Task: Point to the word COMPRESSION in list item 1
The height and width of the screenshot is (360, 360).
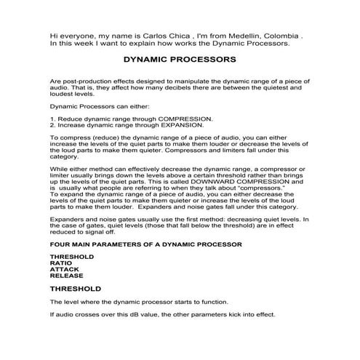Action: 185,118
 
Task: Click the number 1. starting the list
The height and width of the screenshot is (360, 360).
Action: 52,118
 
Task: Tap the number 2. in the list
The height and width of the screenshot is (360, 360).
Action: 52,124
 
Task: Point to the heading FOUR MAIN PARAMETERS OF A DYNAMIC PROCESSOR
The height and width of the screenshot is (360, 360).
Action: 145,245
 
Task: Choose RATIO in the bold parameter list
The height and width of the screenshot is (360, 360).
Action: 60,263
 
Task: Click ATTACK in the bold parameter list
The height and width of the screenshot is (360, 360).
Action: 64,270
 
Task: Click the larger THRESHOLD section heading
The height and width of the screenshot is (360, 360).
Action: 76,289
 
